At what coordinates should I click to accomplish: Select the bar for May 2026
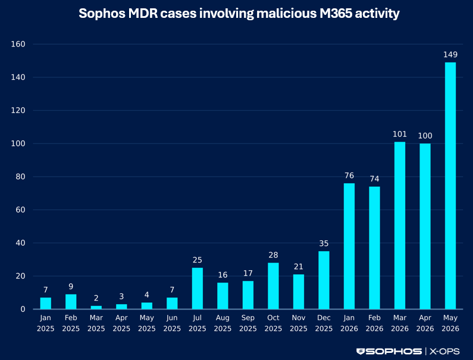(x=450, y=186)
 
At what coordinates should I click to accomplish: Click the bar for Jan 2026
(x=349, y=246)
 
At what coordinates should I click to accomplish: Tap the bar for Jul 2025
(x=198, y=288)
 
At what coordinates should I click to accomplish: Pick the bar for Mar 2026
(x=400, y=226)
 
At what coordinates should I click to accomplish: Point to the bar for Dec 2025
(x=324, y=280)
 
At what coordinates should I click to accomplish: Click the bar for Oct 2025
(x=273, y=286)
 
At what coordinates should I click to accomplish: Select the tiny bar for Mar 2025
(x=96, y=308)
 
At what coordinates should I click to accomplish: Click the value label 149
(x=450, y=55)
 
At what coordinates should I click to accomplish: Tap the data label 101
(x=400, y=134)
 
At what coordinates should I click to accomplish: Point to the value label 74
(x=374, y=179)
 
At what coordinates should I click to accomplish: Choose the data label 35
(x=324, y=243)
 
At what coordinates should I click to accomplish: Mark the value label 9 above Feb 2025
(x=71, y=286)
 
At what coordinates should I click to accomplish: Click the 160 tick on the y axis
(x=18, y=44)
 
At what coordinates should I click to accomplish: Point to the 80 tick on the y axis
(x=20, y=177)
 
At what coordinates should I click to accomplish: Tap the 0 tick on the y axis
(x=23, y=309)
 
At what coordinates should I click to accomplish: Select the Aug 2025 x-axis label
(x=223, y=323)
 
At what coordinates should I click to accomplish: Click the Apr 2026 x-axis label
(x=425, y=323)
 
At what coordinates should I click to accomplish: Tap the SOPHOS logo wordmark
(x=389, y=351)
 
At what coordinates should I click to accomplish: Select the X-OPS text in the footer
(x=444, y=351)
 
